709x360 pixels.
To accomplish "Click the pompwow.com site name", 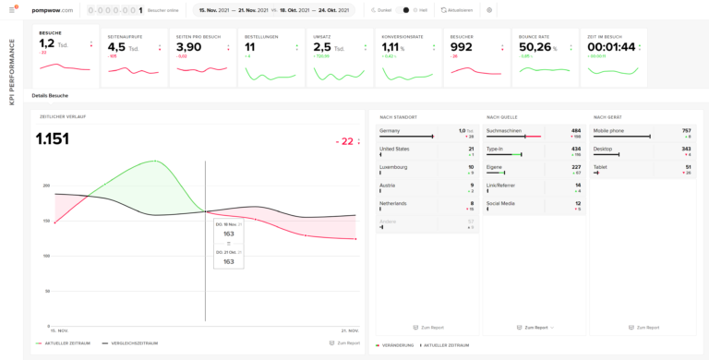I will coord(53,10).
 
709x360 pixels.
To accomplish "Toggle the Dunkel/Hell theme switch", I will coord(404,10).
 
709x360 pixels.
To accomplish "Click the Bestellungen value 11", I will coord(250,47).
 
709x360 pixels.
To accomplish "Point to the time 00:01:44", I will coord(611,47).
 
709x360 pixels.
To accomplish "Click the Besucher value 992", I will coord(461,47).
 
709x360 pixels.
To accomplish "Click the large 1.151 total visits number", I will coord(53,138).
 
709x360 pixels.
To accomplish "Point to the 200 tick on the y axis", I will coord(45,186).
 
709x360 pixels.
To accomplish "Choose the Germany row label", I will coord(391,131).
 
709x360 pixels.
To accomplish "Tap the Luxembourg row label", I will coord(394,167).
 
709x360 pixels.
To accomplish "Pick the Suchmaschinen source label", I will coord(504,131).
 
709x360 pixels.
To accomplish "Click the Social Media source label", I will coord(500,203).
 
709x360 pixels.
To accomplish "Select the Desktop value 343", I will coord(685,149).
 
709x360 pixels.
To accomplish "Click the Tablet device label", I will coord(600,167).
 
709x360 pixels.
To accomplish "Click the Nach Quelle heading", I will coord(501,117).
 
